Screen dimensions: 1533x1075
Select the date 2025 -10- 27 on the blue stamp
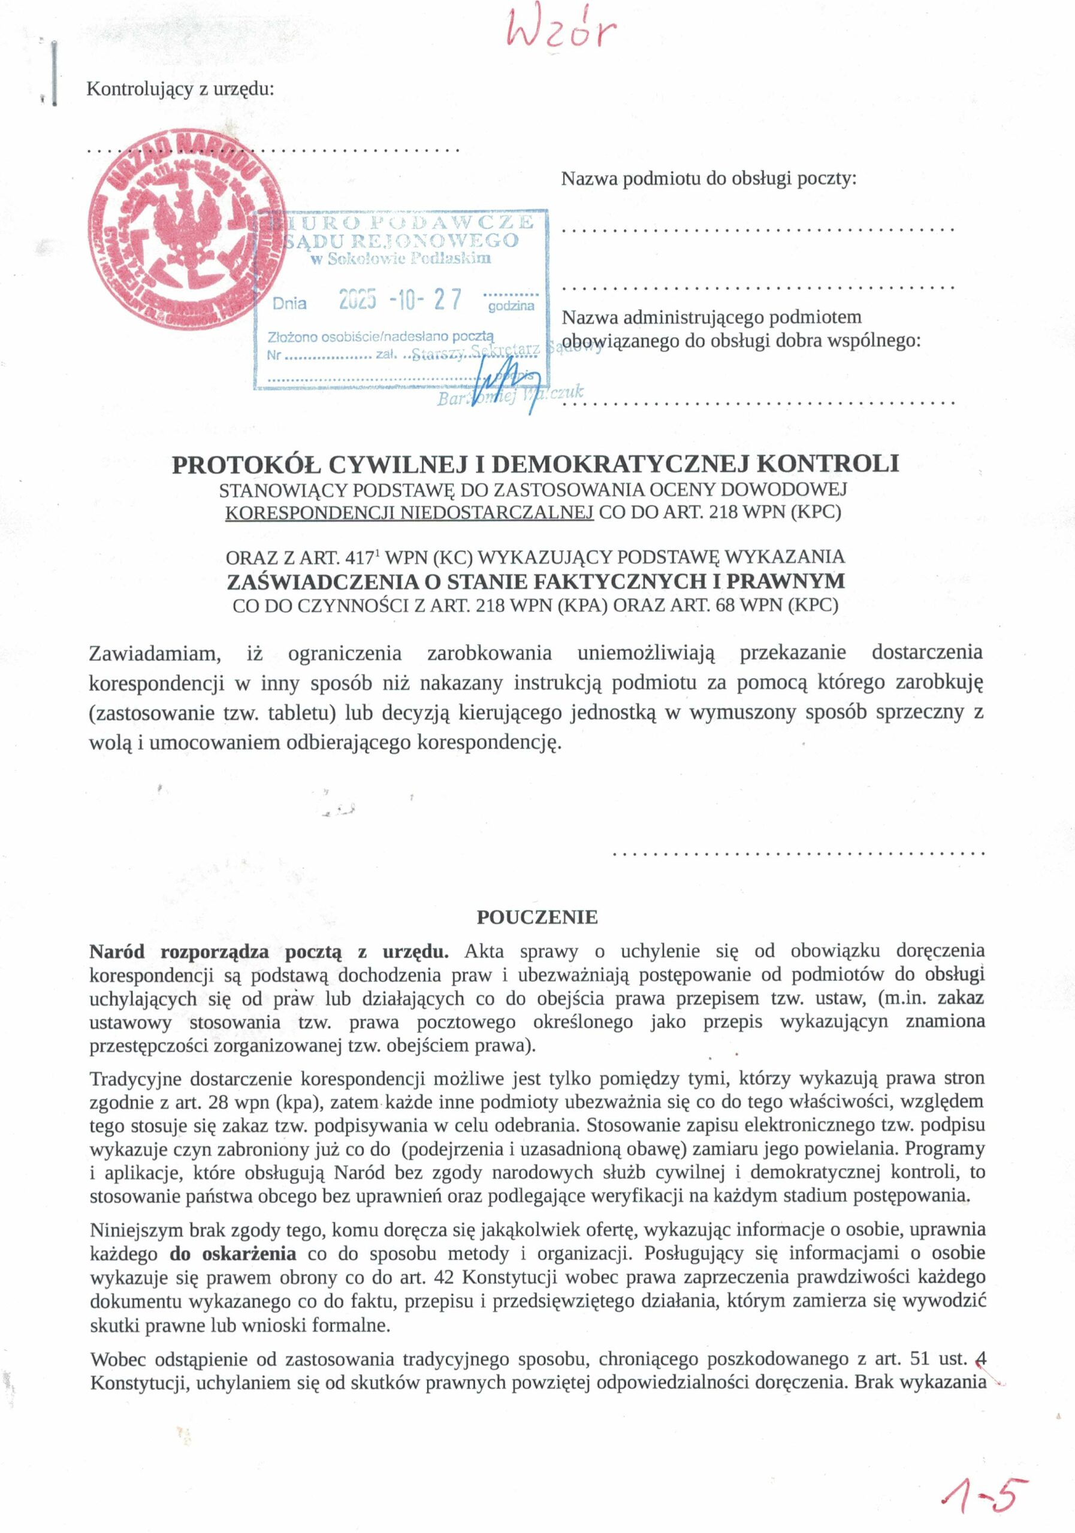click(x=400, y=300)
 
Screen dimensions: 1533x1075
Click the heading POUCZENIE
click(x=536, y=917)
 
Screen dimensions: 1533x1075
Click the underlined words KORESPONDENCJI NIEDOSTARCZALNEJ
click(x=409, y=512)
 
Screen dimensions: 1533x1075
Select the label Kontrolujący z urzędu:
click(x=180, y=89)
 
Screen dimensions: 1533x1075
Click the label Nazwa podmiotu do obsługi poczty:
click(x=708, y=178)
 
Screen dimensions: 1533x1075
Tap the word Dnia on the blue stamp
click(x=289, y=304)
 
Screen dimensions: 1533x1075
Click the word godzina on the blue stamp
click(x=511, y=307)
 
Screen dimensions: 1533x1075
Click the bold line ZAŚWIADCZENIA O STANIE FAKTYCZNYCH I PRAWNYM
click(x=536, y=581)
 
